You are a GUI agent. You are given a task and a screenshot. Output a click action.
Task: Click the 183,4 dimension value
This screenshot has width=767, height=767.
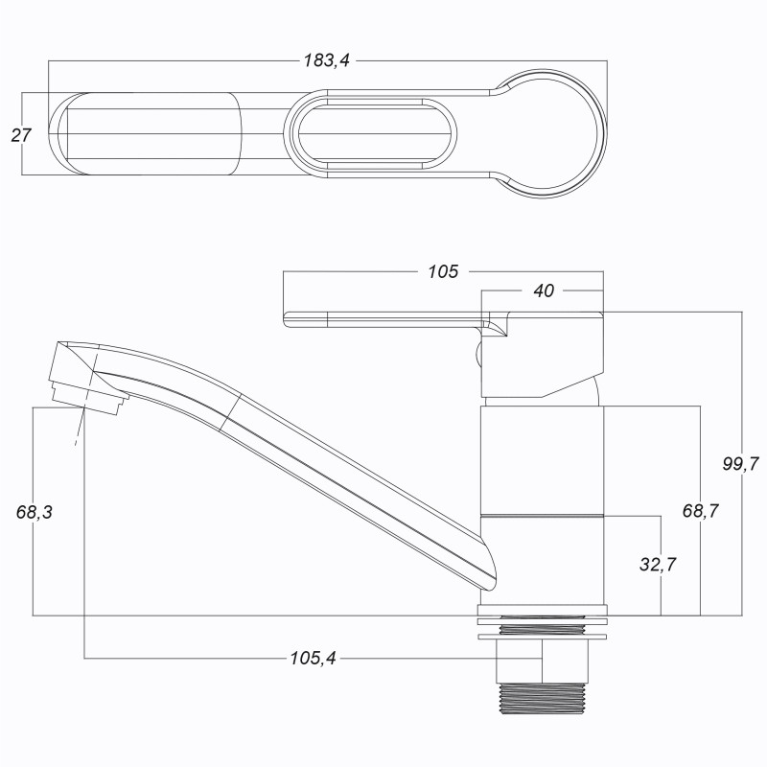coord(327,60)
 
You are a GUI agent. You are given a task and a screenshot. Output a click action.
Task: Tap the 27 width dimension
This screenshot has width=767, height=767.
coord(21,135)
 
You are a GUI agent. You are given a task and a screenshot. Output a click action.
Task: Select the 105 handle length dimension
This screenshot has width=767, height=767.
coord(443,271)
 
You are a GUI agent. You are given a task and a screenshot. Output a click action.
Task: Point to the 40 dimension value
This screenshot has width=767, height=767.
coord(543,291)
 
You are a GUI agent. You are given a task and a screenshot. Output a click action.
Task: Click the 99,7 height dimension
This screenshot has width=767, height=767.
coord(740,464)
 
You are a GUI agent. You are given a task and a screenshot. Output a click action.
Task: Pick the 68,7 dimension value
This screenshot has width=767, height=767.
coord(701,511)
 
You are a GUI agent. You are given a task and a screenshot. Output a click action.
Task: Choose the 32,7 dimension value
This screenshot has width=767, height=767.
coord(658,565)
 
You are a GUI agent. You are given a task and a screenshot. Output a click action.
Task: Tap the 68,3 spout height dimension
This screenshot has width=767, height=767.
coord(35,512)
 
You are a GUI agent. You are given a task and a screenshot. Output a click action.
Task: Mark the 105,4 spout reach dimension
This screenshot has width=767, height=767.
coord(314,659)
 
